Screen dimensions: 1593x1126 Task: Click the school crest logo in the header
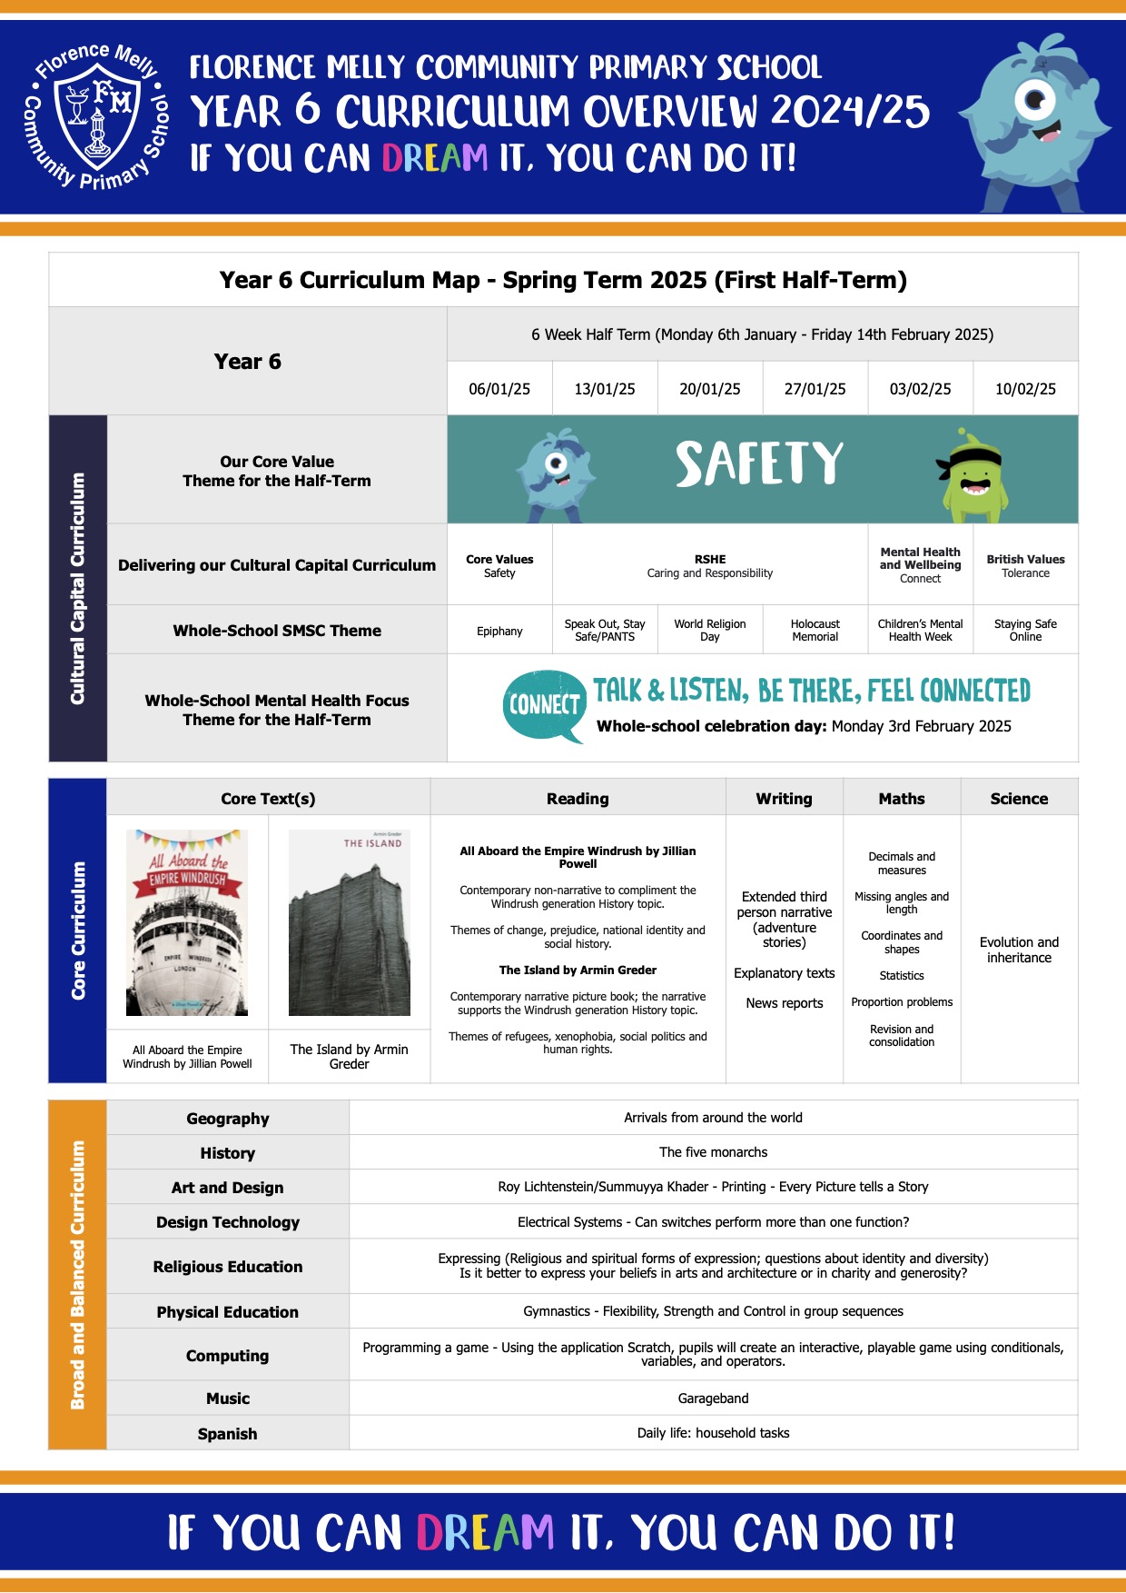click(x=98, y=115)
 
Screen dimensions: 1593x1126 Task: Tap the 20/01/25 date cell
click(x=709, y=389)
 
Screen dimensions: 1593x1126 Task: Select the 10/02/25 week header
click(x=1025, y=389)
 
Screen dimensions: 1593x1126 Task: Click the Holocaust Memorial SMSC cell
click(x=815, y=630)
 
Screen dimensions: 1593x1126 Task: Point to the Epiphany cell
click(x=499, y=631)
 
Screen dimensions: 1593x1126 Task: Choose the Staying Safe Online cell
click(x=1025, y=630)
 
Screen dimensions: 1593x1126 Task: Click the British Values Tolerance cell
click(x=1025, y=565)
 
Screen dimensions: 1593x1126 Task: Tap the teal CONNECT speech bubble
click(x=544, y=704)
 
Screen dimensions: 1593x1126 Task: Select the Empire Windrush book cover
click(x=187, y=922)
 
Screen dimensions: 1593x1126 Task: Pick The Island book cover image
click(x=349, y=922)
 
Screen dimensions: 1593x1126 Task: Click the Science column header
click(x=1019, y=799)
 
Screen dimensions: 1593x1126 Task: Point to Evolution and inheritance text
click(x=1019, y=950)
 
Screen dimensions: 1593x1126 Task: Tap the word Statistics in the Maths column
click(x=902, y=976)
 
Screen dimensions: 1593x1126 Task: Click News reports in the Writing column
click(x=785, y=1003)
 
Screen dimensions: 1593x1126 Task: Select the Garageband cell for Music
click(x=713, y=1399)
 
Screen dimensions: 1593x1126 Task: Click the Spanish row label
click(x=227, y=1434)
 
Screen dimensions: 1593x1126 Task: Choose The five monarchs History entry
click(x=713, y=1152)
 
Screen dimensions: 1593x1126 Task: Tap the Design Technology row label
click(x=227, y=1222)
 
